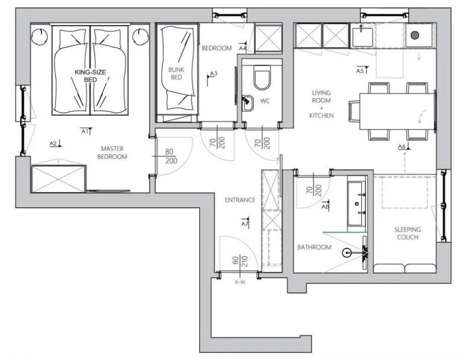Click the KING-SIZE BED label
pyautogui.click(x=91, y=76)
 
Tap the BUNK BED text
pyautogui.click(x=176, y=74)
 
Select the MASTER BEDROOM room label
pyautogui.click(x=112, y=153)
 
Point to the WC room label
pyautogui.click(x=265, y=101)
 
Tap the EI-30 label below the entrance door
pyautogui.click(x=240, y=282)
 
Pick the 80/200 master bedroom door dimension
pyautogui.click(x=170, y=156)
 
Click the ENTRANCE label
pyautogui.click(x=240, y=200)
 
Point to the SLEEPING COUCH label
pyautogui.click(x=407, y=233)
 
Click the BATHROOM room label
pyautogui.click(x=314, y=247)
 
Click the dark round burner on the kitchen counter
pyautogui.click(x=415, y=35)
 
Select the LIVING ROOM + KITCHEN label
pyautogui.click(x=321, y=104)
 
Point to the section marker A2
pyautogui.click(x=55, y=143)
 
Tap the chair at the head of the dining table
pyautogui.click(x=354, y=112)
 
